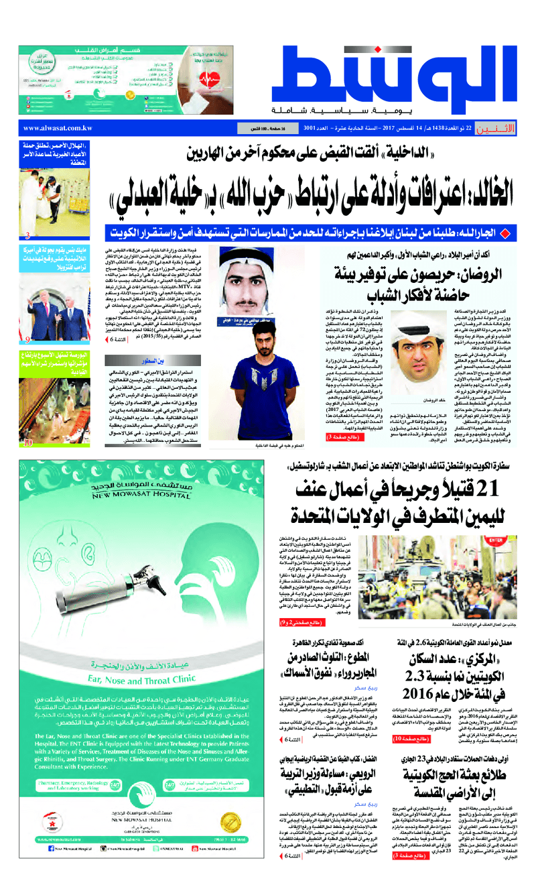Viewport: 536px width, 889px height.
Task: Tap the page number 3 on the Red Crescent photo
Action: tap(27, 235)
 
